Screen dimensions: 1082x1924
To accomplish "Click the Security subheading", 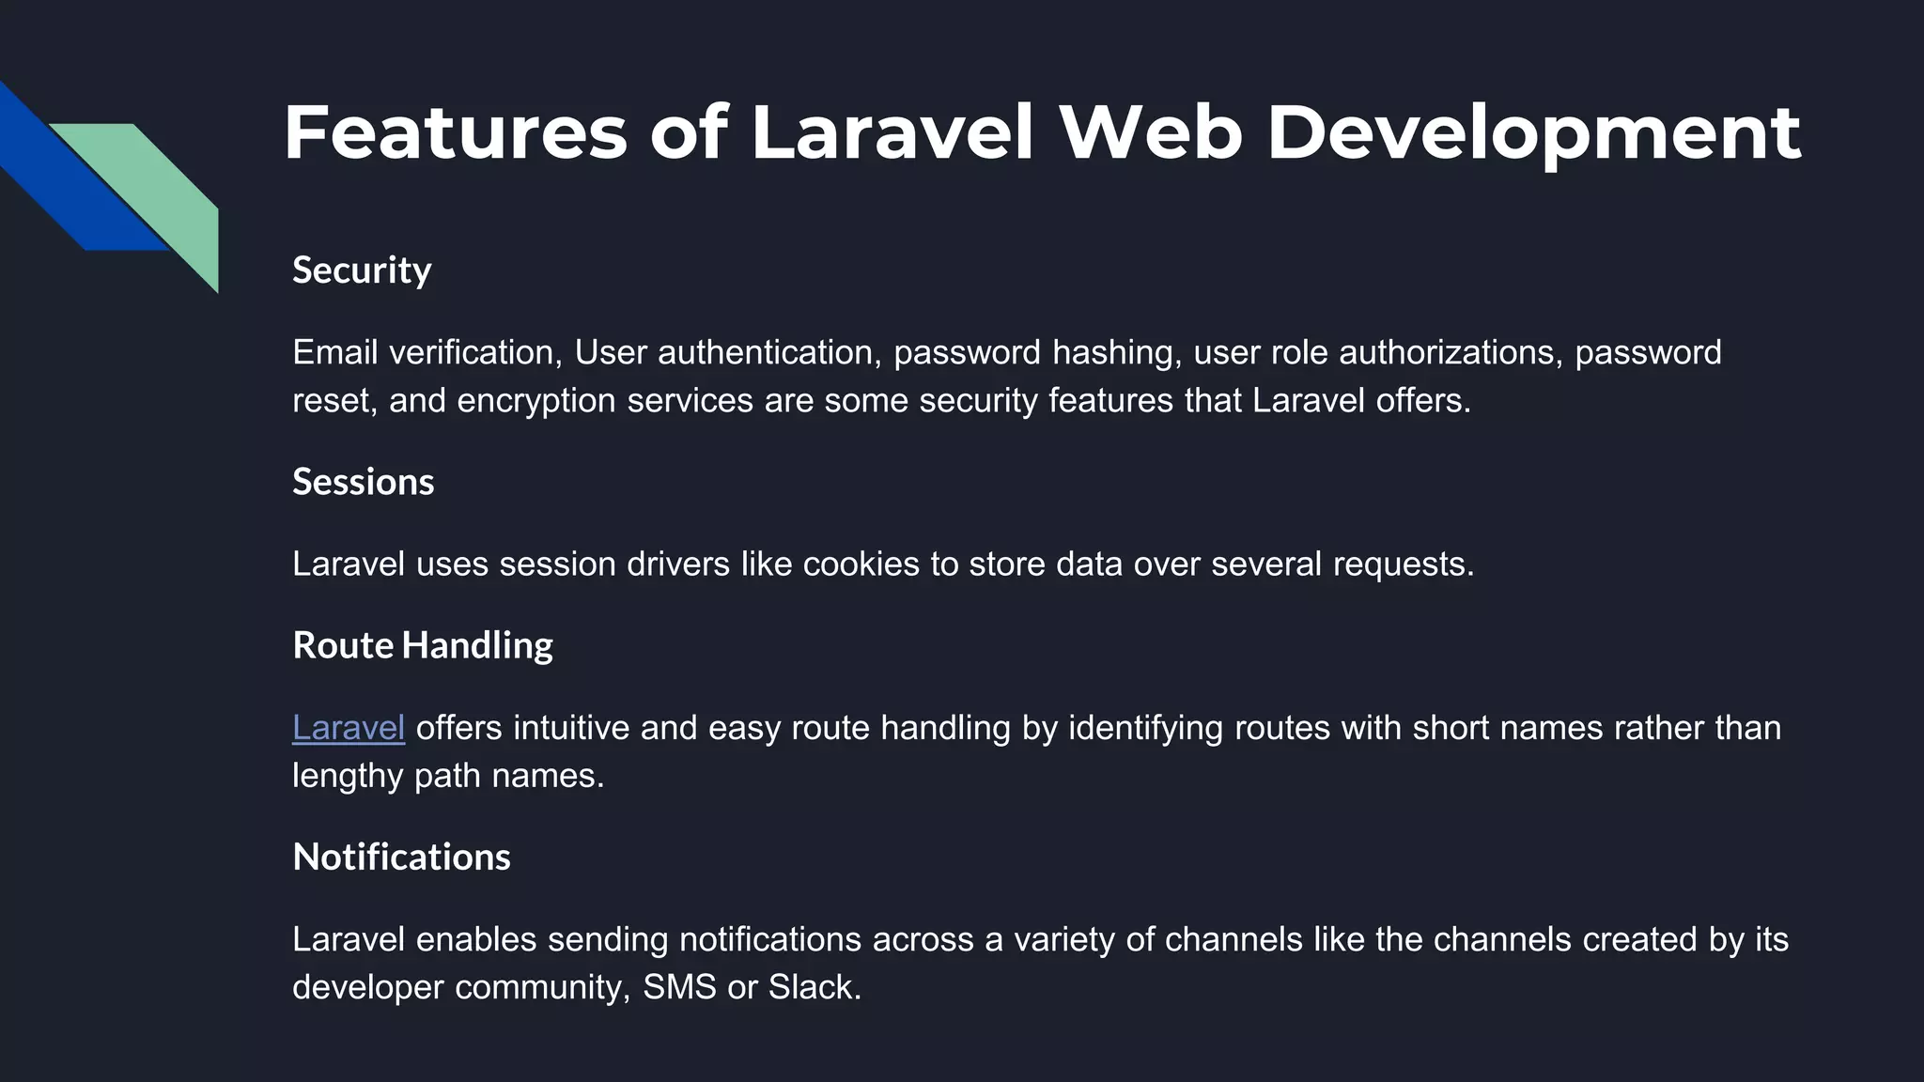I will click(x=362, y=270).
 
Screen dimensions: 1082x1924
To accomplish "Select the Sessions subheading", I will click(x=363, y=482).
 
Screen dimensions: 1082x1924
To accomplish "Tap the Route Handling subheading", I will click(x=422, y=645).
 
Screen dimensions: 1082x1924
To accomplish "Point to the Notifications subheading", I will click(x=401, y=857).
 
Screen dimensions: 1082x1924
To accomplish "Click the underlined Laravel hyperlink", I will click(x=349, y=728).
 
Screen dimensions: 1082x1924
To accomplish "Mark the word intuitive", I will click(x=571, y=728).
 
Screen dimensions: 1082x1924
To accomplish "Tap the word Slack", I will click(x=814, y=987).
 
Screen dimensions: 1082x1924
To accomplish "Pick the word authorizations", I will click(x=1451, y=352).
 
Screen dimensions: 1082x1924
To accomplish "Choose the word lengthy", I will click(x=348, y=777).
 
